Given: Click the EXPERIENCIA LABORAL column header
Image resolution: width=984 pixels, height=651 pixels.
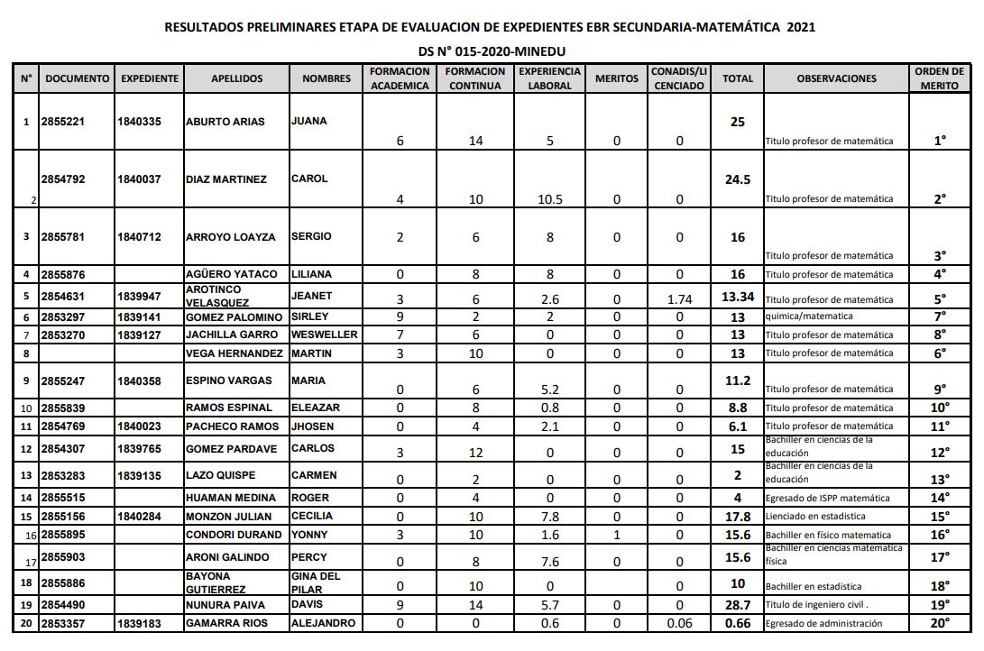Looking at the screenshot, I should coord(549,78).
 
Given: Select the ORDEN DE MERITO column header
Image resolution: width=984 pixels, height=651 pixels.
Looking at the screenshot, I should coord(940,78).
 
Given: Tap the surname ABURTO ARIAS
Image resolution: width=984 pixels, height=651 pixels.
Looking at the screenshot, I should coord(225,122).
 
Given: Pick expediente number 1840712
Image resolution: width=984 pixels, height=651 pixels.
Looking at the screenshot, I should coord(139,237).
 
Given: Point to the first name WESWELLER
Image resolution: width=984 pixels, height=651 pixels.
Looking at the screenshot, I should coord(325,335).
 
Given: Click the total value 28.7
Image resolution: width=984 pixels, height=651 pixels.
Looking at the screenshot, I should coord(737,604).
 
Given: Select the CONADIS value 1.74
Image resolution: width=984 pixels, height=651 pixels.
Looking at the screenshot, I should coord(679,299).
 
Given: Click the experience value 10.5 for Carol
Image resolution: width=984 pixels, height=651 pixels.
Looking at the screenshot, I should coord(549,199).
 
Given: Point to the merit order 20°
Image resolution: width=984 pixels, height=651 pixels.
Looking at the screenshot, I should coord(940,623).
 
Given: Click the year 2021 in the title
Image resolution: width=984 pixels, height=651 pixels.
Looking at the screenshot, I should coord(800,27).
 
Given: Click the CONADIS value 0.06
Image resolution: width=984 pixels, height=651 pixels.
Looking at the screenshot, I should coord(679,623).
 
